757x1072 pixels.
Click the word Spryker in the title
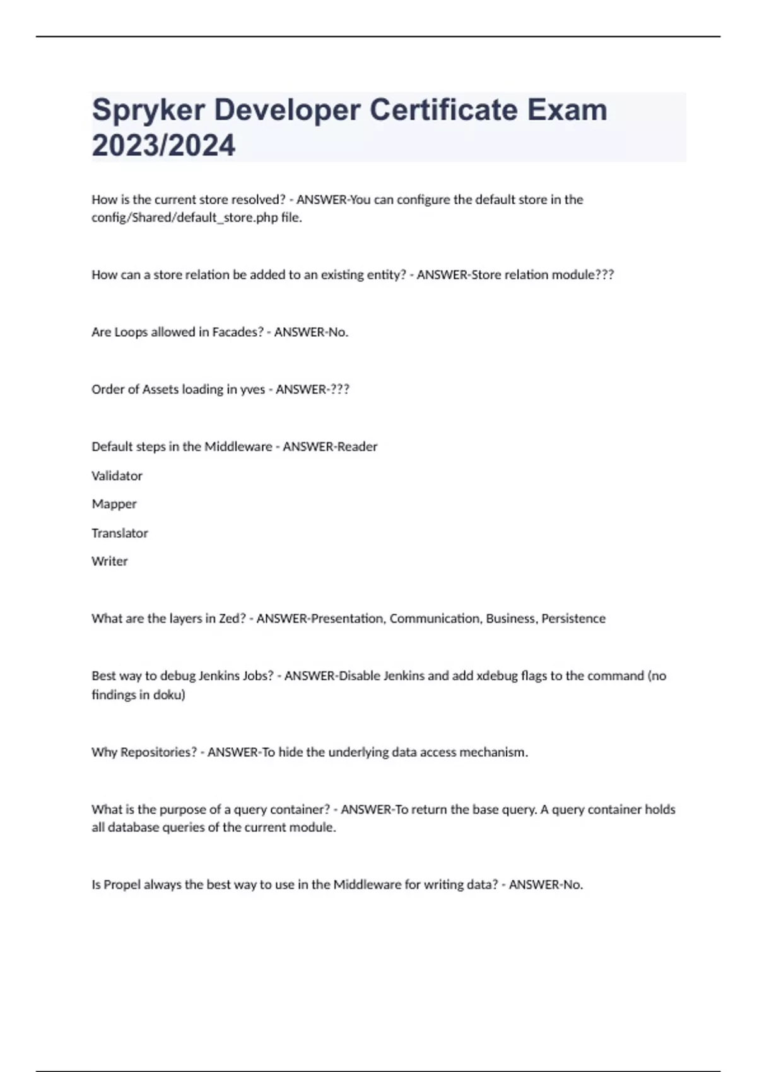point(148,111)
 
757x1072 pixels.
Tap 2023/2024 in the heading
point(163,146)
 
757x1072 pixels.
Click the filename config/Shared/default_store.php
point(185,218)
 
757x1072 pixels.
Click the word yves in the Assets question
point(252,390)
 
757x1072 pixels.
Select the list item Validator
point(117,476)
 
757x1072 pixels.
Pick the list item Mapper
point(114,504)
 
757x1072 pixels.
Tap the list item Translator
point(119,533)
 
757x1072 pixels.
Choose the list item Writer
point(109,561)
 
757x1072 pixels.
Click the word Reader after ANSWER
point(357,446)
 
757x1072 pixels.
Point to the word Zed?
point(232,619)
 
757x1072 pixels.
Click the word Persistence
point(573,619)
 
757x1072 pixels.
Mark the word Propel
point(122,885)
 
